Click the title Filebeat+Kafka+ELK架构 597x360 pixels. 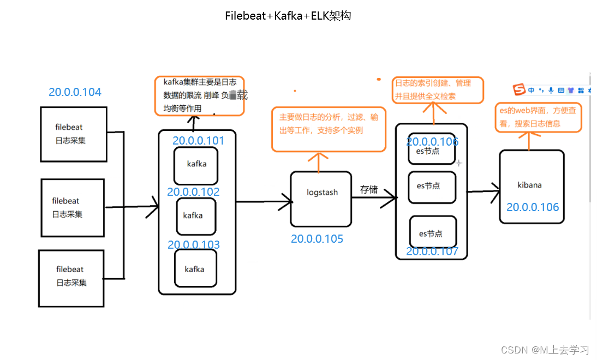click(x=288, y=16)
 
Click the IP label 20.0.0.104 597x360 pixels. click(x=75, y=92)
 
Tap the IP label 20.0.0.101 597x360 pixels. click(x=198, y=141)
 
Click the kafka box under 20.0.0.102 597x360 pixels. click(x=196, y=216)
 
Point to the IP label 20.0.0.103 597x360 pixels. click(x=194, y=245)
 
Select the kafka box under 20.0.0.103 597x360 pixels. click(x=195, y=268)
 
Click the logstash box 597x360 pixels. click(x=321, y=199)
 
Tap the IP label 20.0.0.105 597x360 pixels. click(x=317, y=239)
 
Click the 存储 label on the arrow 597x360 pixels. click(x=369, y=189)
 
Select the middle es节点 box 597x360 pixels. click(x=432, y=187)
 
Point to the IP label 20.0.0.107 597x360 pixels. click(x=432, y=251)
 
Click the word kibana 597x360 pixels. click(x=529, y=185)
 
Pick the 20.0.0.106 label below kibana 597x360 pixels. click(x=533, y=207)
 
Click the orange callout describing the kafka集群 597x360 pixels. click(x=199, y=96)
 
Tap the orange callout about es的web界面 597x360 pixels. click(x=538, y=117)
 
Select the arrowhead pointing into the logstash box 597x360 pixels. click(x=286, y=202)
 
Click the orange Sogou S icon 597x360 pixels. click(x=519, y=89)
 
